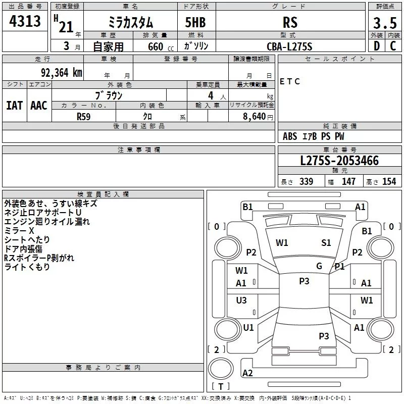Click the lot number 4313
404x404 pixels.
(x=25, y=21)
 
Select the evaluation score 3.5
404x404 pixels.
(x=384, y=23)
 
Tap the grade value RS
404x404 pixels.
(x=290, y=23)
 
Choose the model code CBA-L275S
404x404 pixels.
(x=289, y=46)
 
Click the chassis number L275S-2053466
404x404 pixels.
(x=339, y=161)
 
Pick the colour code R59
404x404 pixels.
(x=84, y=116)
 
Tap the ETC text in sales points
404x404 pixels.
(x=290, y=81)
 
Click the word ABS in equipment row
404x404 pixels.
(x=290, y=136)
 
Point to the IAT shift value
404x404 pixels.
(x=14, y=106)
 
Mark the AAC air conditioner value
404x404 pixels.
(x=38, y=106)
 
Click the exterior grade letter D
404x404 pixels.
(x=376, y=46)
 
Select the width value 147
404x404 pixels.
(x=349, y=182)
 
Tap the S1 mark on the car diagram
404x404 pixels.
(x=326, y=243)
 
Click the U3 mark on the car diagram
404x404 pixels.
(x=241, y=300)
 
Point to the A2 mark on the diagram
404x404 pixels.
(x=247, y=373)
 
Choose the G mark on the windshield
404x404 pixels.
(x=319, y=266)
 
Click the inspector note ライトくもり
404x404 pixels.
(x=27, y=267)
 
